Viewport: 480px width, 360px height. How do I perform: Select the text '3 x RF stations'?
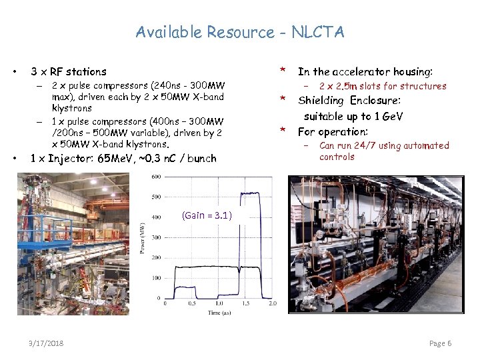tap(69, 71)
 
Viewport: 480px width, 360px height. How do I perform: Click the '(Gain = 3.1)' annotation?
tap(207, 215)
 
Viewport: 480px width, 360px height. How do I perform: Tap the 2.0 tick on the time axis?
tap(272, 303)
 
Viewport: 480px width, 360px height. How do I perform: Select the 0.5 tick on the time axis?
tap(192, 303)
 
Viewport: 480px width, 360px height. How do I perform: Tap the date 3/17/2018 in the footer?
tap(47, 343)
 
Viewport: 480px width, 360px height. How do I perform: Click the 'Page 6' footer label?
tap(441, 343)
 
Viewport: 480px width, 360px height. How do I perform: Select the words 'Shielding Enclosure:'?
tap(349, 101)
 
